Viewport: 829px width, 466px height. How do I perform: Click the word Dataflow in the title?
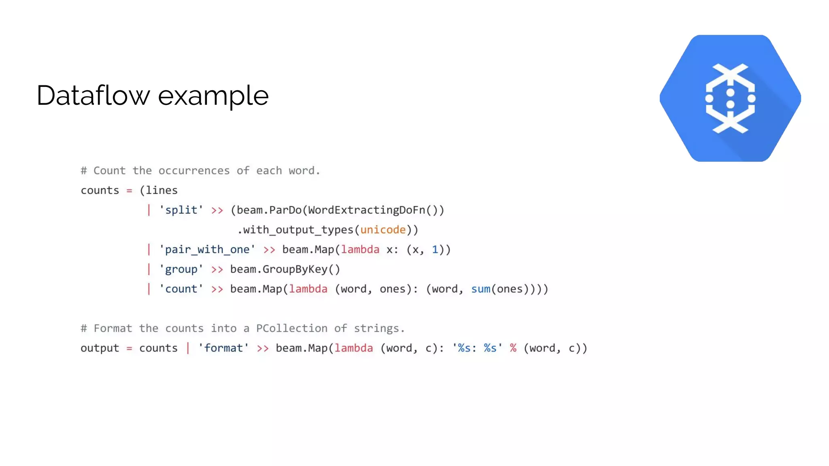click(x=93, y=96)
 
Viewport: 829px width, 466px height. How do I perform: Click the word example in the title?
click(x=213, y=96)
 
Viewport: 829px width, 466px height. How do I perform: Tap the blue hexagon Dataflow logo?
click(x=730, y=98)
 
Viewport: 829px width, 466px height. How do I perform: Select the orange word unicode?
click(x=383, y=230)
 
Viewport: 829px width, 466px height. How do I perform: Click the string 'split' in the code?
click(x=181, y=210)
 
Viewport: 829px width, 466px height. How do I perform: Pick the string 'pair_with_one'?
click(x=207, y=250)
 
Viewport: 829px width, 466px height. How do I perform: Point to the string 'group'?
click(x=181, y=269)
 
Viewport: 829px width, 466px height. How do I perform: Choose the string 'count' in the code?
click(x=181, y=289)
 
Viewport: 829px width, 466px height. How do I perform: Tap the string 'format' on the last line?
click(x=223, y=348)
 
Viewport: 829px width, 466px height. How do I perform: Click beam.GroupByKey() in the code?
click(x=285, y=269)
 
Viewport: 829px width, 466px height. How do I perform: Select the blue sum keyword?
click(x=480, y=289)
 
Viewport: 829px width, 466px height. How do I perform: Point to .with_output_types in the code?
click(x=295, y=230)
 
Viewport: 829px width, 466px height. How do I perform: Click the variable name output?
click(x=100, y=348)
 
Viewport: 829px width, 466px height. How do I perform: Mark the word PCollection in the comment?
click(x=291, y=328)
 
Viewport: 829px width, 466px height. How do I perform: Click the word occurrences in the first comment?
click(x=194, y=171)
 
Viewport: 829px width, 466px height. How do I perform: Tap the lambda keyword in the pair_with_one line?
click(x=360, y=250)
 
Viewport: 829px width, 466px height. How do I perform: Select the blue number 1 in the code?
click(x=435, y=250)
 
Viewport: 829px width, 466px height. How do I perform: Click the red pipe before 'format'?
click(x=188, y=348)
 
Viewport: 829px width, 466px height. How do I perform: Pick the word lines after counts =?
click(x=162, y=191)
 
